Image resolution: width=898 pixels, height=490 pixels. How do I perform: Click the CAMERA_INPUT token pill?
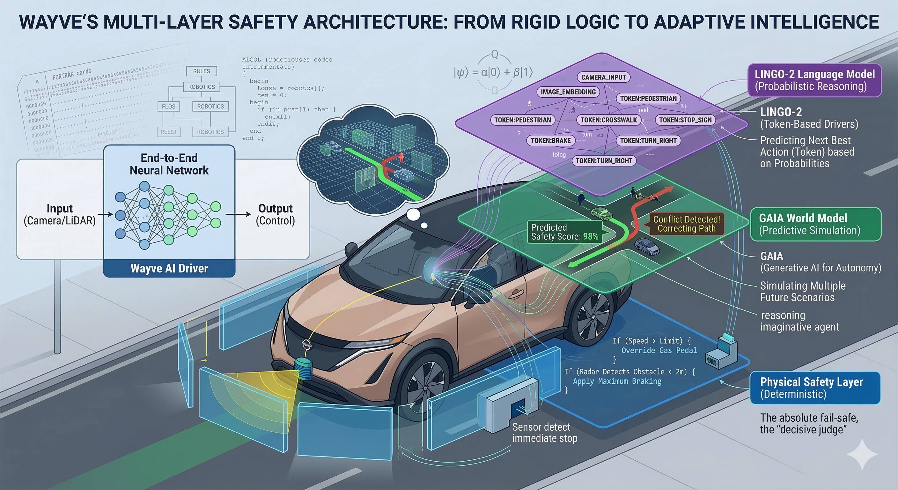coord(603,77)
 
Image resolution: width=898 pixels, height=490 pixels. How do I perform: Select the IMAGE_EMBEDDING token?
coord(568,92)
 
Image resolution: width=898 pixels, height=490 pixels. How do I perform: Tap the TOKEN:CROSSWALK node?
coord(608,120)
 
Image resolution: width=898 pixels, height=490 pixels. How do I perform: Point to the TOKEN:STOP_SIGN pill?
coord(685,120)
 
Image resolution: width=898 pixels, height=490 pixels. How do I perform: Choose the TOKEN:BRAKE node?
coord(550,141)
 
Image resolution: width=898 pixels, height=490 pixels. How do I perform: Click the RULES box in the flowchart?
coord(202,71)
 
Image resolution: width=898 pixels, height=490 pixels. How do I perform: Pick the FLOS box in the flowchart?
coord(169,106)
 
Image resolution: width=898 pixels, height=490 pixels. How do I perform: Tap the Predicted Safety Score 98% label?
coord(564,232)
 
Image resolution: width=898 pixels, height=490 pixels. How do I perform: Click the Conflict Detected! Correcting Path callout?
coord(686,224)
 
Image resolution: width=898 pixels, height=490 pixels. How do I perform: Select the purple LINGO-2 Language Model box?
coord(814,80)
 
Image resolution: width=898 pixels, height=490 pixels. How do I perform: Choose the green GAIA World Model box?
coord(815,224)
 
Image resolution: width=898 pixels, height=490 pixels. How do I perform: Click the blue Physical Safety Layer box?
coord(815,388)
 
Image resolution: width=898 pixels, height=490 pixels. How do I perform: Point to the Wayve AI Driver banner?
coord(169,268)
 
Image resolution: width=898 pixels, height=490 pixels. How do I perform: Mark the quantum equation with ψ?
coord(493,72)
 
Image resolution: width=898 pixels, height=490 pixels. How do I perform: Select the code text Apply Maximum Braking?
coord(617,381)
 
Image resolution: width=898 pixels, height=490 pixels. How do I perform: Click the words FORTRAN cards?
coord(72,74)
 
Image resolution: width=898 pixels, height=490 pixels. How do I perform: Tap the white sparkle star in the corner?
coord(862,454)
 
